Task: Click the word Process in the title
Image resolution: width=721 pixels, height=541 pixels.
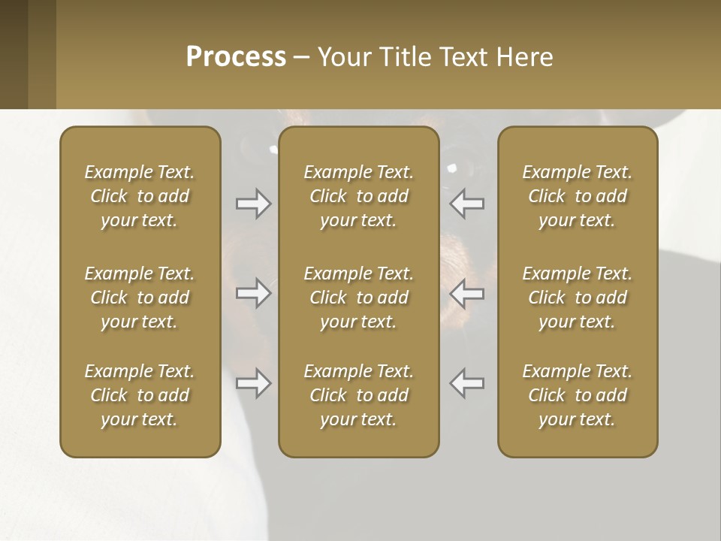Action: (x=236, y=57)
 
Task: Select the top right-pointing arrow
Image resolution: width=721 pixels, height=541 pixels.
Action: (x=253, y=204)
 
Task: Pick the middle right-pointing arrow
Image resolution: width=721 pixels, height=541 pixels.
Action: (x=253, y=293)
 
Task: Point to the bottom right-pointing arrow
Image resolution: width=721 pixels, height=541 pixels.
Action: (x=253, y=383)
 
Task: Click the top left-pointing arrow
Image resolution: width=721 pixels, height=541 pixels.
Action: (x=467, y=204)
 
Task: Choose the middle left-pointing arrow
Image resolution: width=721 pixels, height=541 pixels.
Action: (x=467, y=293)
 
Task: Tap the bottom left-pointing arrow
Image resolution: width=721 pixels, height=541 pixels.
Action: (x=467, y=383)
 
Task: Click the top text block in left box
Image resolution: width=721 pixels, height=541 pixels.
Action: (x=140, y=196)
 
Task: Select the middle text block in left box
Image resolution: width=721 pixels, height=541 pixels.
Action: (x=140, y=298)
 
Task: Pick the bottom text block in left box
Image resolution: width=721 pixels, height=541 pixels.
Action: (x=140, y=395)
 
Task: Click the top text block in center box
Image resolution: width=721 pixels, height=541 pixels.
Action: (x=359, y=196)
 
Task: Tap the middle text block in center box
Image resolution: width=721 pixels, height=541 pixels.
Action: (x=359, y=298)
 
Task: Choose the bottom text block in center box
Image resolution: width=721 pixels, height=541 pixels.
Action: (x=359, y=395)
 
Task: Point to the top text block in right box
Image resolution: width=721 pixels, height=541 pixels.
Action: (x=578, y=196)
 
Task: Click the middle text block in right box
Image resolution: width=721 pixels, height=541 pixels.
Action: (x=578, y=298)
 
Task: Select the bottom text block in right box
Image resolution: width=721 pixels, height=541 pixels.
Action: (x=578, y=395)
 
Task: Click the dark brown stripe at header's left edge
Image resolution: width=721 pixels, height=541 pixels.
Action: (x=14, y=54)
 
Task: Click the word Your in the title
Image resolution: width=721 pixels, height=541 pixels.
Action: (x=343, y=57)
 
